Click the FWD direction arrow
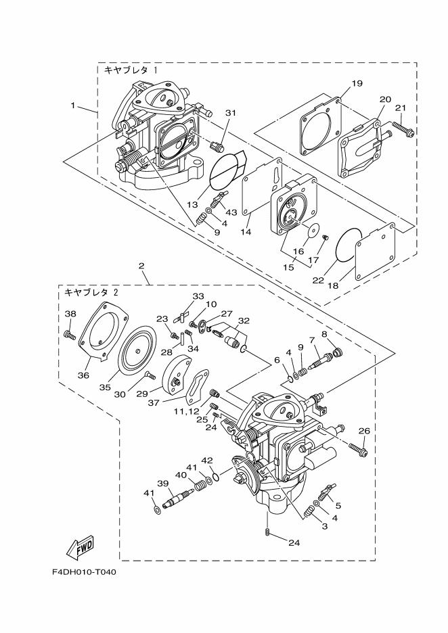click(80, 546)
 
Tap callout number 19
click(357, 83)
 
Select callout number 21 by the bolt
click(400, 108)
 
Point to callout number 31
click(230, 113)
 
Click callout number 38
click(70, 314)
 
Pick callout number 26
click(364, 431)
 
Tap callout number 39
click(162, 483)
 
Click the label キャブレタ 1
click(131, 70)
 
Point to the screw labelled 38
click(69, 333)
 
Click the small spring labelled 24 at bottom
click(269, 534)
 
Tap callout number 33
click(198, 296)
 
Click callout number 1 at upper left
click(72, 105)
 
